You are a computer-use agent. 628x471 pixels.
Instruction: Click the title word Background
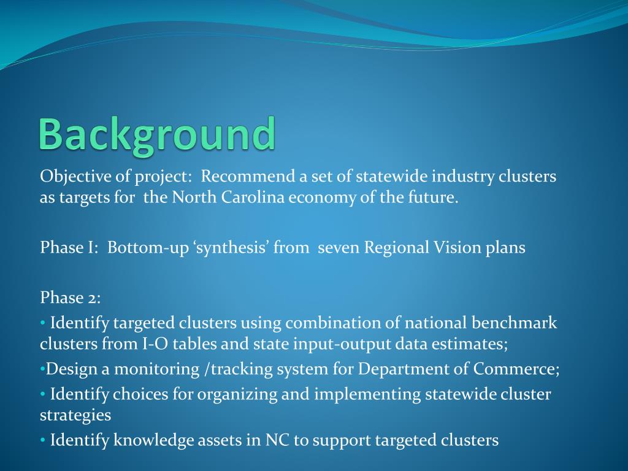[157, 134]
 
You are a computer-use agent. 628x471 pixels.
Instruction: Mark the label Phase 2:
[71, 298]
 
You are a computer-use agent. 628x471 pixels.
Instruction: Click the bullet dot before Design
[42, 369]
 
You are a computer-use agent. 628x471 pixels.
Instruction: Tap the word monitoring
[150, 369]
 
